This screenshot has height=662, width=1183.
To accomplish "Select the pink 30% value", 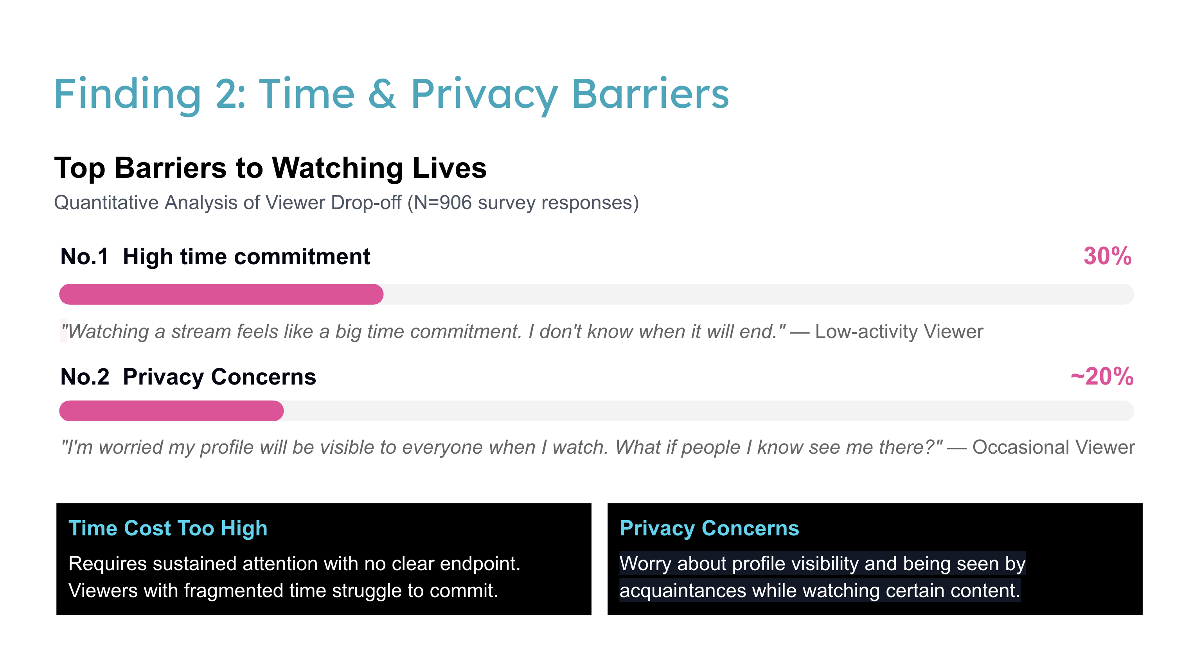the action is [1107, 256].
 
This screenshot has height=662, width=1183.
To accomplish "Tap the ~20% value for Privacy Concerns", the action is [1102, 376].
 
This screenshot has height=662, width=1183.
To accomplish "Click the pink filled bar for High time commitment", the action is [221, 294].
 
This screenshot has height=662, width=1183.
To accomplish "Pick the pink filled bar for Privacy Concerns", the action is [171, 411].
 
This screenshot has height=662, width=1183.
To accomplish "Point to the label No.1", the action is [84, 256].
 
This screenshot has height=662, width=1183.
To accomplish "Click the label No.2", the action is [85, 377].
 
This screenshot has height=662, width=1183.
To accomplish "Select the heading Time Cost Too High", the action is [167, 528].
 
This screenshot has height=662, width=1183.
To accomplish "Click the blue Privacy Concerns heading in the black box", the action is [709, 528].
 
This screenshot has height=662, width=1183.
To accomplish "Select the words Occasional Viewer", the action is [1053, 447].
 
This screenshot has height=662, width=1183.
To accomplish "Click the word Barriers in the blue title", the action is [650, 94].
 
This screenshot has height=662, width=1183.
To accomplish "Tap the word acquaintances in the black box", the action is [682, 591].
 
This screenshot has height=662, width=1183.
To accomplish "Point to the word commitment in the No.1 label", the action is [302, 256].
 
